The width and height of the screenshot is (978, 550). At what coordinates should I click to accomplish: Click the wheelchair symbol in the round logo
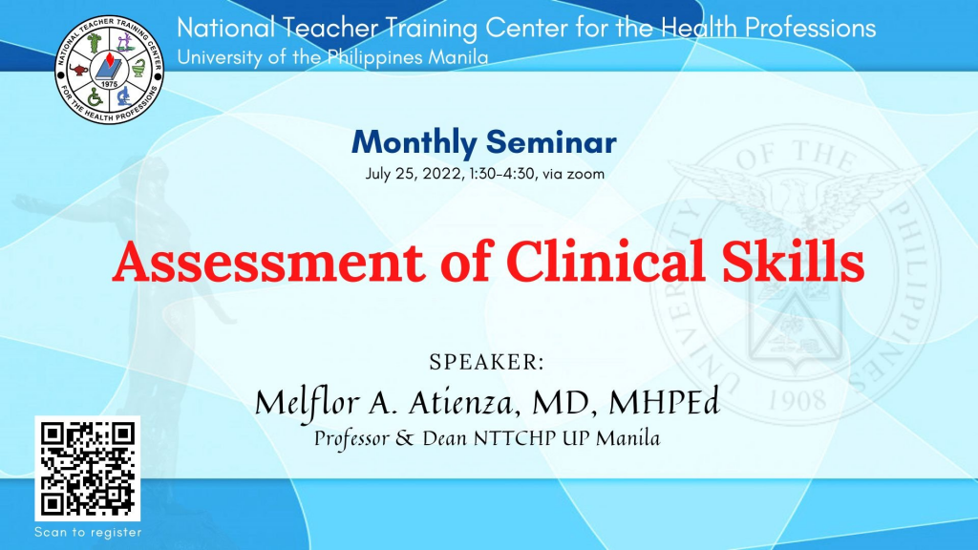(x=95, y=97)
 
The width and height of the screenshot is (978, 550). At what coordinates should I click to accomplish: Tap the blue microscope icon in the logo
(x=124, y=96)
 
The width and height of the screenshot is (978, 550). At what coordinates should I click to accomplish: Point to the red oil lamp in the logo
(x=79, y=69)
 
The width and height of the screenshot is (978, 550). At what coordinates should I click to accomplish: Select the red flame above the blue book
(x=110, y=60)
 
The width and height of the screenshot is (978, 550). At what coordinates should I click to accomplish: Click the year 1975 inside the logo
(x=109, y=84)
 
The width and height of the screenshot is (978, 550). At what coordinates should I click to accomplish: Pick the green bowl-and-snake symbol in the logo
(x=138, y=68)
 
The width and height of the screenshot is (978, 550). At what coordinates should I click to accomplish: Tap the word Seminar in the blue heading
(x=551, y=142)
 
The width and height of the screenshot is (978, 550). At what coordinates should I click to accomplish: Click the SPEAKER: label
(x=486, y=362)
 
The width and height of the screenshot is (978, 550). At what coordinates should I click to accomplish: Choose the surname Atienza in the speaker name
(x=462, y=403)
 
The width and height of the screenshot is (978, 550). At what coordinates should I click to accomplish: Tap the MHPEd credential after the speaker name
(x=665, y=402)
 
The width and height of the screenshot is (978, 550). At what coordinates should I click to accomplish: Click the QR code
(x=87, y=468)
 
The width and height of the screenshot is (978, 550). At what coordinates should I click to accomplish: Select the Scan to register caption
(x=88, y=533)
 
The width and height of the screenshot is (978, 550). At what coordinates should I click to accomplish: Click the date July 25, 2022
(x=415, y=174)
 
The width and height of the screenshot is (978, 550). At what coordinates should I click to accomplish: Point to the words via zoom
(x=573, y=174)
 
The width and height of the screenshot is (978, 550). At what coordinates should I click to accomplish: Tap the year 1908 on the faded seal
(x=797, y=400)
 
